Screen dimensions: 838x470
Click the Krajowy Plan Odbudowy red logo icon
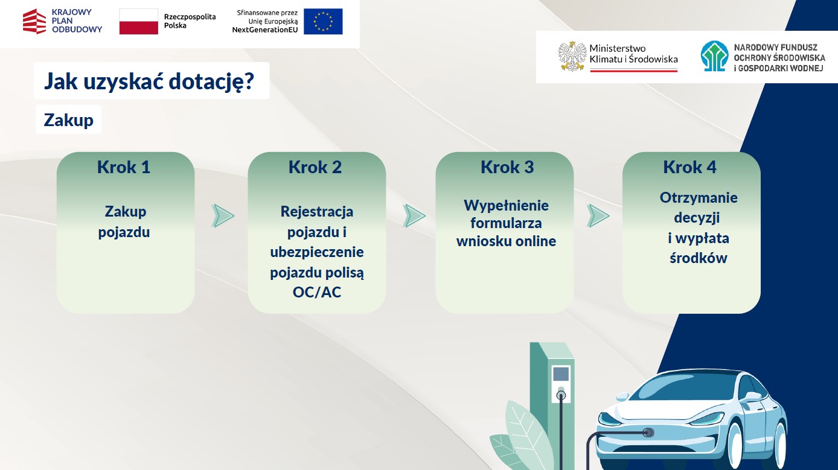tap(34, 21)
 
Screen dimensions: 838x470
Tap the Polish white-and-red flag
tap(138, 22)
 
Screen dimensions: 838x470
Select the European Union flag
tap(323, 22)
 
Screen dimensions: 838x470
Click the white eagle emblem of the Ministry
tap(572, 57)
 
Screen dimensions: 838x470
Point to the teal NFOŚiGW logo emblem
tap(714, 56)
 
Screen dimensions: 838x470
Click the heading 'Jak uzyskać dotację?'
tap(149, 81)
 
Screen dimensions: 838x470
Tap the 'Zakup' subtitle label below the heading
tap(68, 120)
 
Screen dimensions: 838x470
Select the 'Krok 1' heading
tap(124, 167)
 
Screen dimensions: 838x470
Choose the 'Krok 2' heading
tap(315, 167)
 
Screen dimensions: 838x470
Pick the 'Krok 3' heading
tap(507, 167)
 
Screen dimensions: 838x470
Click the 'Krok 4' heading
tap(690, 167)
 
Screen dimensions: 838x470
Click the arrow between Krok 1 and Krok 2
tap(223, 216)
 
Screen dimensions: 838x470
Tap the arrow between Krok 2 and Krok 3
tap(414, 216)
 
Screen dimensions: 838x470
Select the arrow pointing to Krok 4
tap(598, 216)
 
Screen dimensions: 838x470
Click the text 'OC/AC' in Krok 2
tap(317, 292)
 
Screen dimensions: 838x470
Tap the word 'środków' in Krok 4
tap(699, 258)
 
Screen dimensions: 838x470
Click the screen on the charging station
tap(561, 374)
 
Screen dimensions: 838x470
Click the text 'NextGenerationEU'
tap(265, 30)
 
